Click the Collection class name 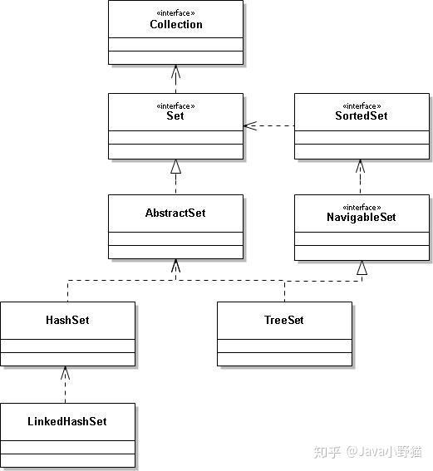pyautogui.click(x=176, y=24)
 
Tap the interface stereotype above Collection pyautogui.click(x=176, y=13)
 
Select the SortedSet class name pyautogui.click(x=362, y=115)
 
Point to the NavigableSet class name pyautogui.click(x=362, y=217)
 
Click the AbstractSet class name pyautogui.click(x=175, y=213)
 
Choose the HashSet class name pyautogui.click(x=67, y=320)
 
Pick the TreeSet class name pyautogui.click(x=284, y=320)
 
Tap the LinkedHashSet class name pyautogui.click(x=67, y=421)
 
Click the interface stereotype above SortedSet pyautogui.click(x=362, y=106)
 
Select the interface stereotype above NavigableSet pyautogui.click(x=362, y=208)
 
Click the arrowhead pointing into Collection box pyautogui.click(x=176, y=71)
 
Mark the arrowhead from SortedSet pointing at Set pyautogui.click(x=249, y=126)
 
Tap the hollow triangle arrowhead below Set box pyautogui.click(x=176, y=166)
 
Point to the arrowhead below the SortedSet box pyautogui.click(x=361, y=166)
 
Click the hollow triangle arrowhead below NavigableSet pyautogui.click(x=362, y=267)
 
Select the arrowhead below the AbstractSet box pyautogui.click(x=176, y=266)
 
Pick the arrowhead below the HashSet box pyautogui.click(x=65, y=373)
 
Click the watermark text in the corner pyautogui.click(x=367, y=452)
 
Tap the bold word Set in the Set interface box pyautogui.click(x=175, y=115)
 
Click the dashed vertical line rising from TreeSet pyautogui.click(x=284, y=292)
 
